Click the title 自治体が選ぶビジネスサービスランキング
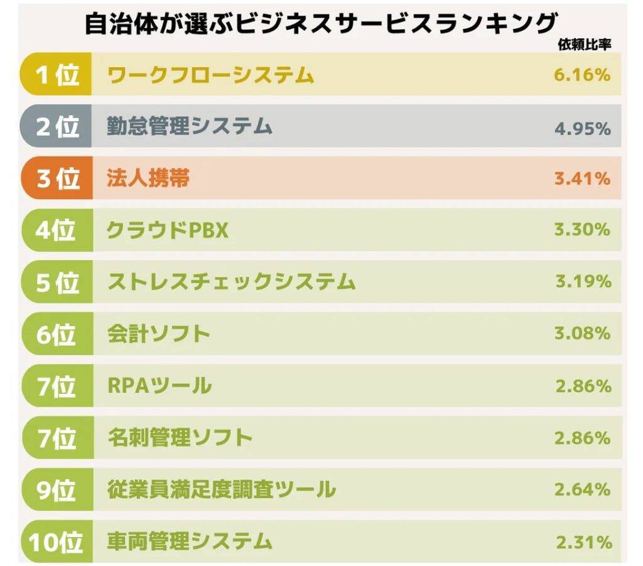coord(321,24)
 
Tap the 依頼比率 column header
coord(584,44)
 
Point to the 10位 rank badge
coord(57,541)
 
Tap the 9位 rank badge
coord(57,489)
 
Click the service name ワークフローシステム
coord(210,75)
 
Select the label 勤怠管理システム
coord(190,126)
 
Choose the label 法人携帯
coord(148,178)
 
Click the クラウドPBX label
coord(167,231)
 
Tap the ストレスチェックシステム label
coord(231,282)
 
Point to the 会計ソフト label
coord(158,334)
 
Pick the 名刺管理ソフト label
coord(180,437)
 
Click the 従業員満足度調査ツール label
coord(221,489)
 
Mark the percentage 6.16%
coord(582,75)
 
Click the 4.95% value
coord(582,129)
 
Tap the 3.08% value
coord(582,334)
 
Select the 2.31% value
coord(583,541)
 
